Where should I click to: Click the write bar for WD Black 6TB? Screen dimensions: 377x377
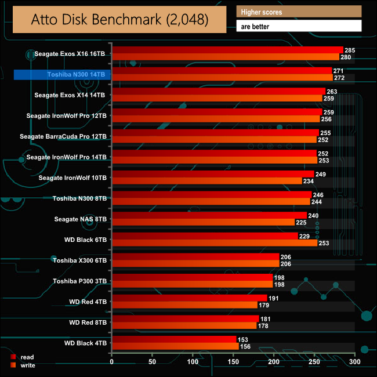coord(215,242)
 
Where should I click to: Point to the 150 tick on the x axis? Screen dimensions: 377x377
coord(233,361)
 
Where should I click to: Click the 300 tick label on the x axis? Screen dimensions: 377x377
coord(355,361)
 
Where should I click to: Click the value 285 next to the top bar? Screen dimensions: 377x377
coord(350,50)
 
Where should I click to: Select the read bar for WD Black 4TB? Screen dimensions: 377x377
coord(174,339)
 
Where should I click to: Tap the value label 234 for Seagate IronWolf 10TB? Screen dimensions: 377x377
coord(309,181)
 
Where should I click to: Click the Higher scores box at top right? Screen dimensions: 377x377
coord(299,12)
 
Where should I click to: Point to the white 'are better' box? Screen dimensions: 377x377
coord(299,26)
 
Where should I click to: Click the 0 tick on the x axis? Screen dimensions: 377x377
coord(112,361)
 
